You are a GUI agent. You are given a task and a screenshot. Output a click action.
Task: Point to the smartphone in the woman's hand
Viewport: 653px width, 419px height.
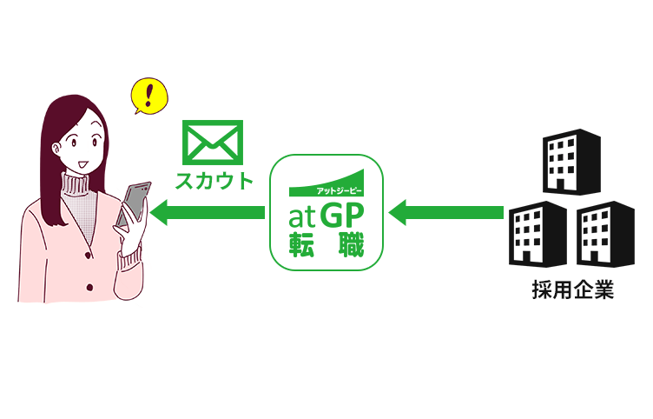(134, 205)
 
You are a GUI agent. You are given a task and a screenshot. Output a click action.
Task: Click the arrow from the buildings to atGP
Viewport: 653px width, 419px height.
(446, 211)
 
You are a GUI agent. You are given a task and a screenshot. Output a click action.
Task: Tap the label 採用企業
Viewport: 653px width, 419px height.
(572, 290)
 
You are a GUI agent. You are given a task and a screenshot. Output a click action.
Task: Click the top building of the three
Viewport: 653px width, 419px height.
(571, 163)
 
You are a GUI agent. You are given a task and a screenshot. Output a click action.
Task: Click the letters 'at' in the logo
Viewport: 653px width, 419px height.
(302, 214)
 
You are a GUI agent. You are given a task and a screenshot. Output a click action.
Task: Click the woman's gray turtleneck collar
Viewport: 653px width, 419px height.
(82, 184)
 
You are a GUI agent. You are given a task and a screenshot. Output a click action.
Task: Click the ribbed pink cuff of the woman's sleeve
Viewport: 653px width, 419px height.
(131, 255)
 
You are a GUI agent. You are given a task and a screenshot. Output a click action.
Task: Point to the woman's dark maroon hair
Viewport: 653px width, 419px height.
(48, 148)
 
